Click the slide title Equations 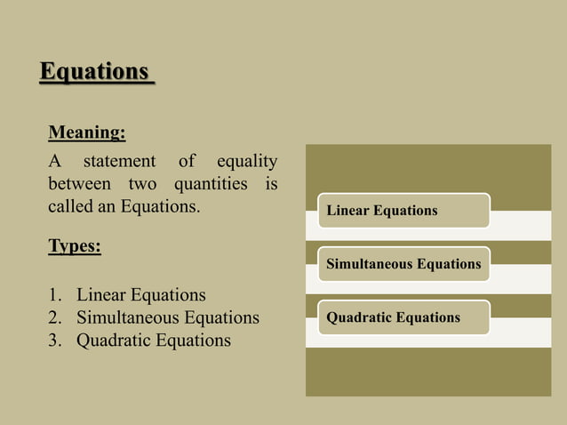tap(95, 70)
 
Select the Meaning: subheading tap(86, 133)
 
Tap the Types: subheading tap(75, 246)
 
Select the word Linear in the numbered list tap(101, 294)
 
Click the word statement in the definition tap(119, 162)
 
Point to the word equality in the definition tap(246, 162)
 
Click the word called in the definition tap(68, 208)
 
